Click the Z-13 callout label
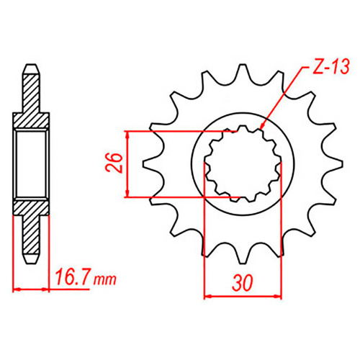[331, 66]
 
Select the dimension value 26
[114, 163]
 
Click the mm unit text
[105, 279]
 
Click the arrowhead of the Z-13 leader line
[262, 127]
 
